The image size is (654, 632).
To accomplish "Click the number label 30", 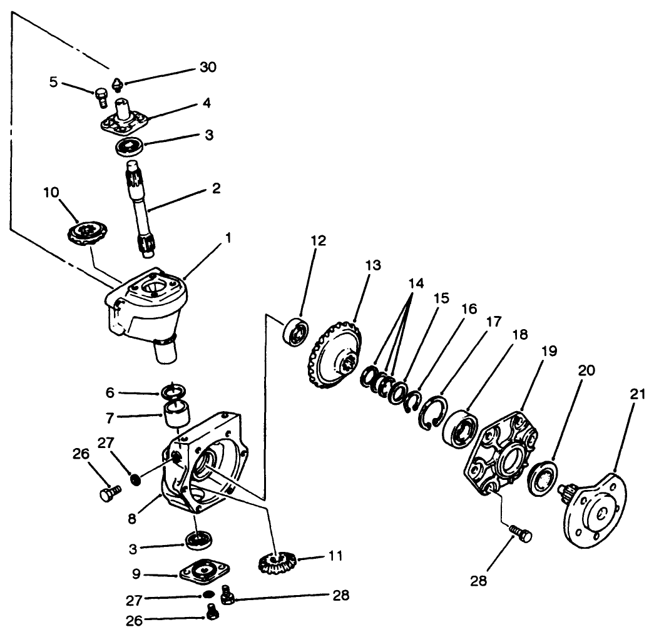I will click(x=208, y=68).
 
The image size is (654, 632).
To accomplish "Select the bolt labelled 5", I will click(x=101, y=98).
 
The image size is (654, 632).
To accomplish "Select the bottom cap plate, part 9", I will click(x=204, y=572).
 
